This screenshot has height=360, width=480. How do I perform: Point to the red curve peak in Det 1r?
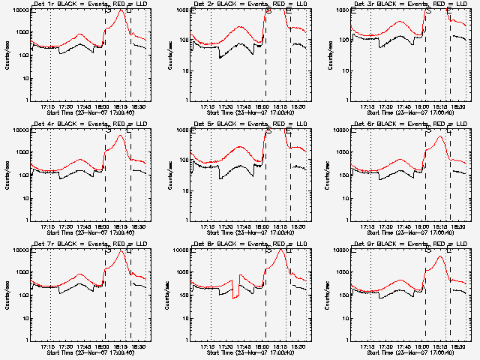tap(121, 10)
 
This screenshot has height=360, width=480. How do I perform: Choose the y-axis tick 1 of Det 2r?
tap(187, 100)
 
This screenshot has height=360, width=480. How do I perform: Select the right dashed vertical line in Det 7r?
tap(130, 292)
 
